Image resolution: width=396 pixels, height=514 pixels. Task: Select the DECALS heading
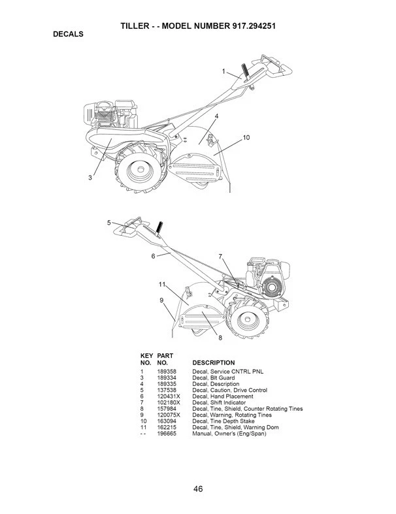pyautogui.click(x=68, y=34)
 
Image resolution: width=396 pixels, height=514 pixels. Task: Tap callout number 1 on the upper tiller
pyautogui.click(x=223, y=71)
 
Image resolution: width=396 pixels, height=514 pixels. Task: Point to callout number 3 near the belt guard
pyautogui.click(x=90, y=178)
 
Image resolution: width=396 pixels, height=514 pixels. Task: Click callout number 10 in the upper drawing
pyautogui.click(x=246, y=137)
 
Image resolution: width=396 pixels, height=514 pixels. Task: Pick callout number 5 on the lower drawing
pyautogui.click(x=109, y=223)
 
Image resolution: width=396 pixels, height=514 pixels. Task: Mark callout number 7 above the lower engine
pyautogui.click(x=220, y=256)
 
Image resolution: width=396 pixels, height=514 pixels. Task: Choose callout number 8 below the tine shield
pyautogui.click(x=220, y=338)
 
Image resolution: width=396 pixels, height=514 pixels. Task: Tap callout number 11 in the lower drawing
pyautogui.click(x=162, y=284)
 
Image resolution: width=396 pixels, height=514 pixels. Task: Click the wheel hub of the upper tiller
pyautogui.click(x=140, y=169)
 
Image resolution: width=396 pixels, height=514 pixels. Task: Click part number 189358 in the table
pyautogui.click(x=167, y=372)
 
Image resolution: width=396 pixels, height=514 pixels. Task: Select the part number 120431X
pyautogui.click(x=169, y=396)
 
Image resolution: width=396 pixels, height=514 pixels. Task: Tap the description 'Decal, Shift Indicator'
pyautogui.click(x=219, y=402)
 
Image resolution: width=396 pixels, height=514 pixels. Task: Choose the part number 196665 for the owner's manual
pyautogui.click(x=167, y=434)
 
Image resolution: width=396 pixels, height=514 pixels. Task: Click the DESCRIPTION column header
pyautogui.click(x=214, y=363)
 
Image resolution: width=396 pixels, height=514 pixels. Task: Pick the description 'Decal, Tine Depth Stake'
pyautogui.click(x=223, y=421)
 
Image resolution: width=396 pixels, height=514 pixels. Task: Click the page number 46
pyautogui.click(x=198, y=489)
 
